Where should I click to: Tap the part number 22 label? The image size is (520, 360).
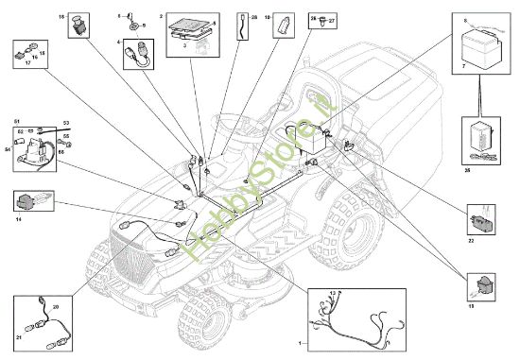[470, 238]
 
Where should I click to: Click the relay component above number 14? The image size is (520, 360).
[28, 200]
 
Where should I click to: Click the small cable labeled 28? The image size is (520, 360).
[245, 26]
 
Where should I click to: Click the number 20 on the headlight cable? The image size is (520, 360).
[55, 307]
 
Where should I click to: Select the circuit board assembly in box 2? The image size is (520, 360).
[189, 36]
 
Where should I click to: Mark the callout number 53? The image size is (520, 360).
[67, 123]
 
